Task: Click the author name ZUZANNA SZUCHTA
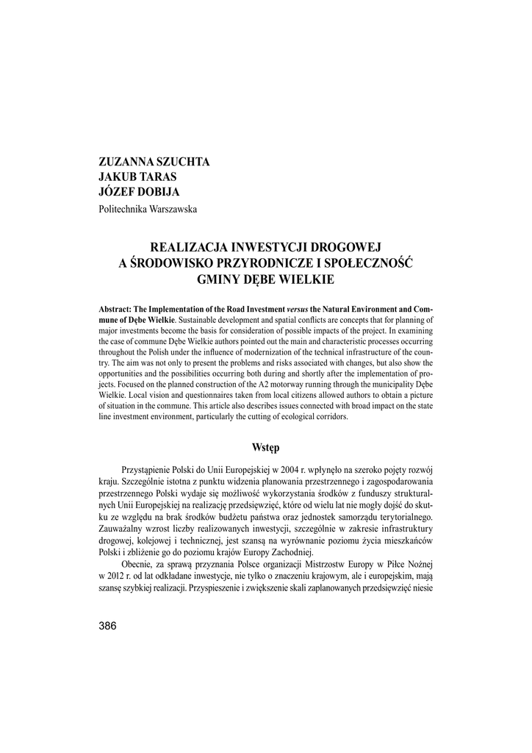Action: (154, 162)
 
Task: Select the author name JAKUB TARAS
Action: (137, 177)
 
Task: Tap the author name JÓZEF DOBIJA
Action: (140, 193)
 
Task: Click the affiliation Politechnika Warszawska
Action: (148, 209)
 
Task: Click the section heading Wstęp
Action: (265, 448)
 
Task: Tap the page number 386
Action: (107, 626)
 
